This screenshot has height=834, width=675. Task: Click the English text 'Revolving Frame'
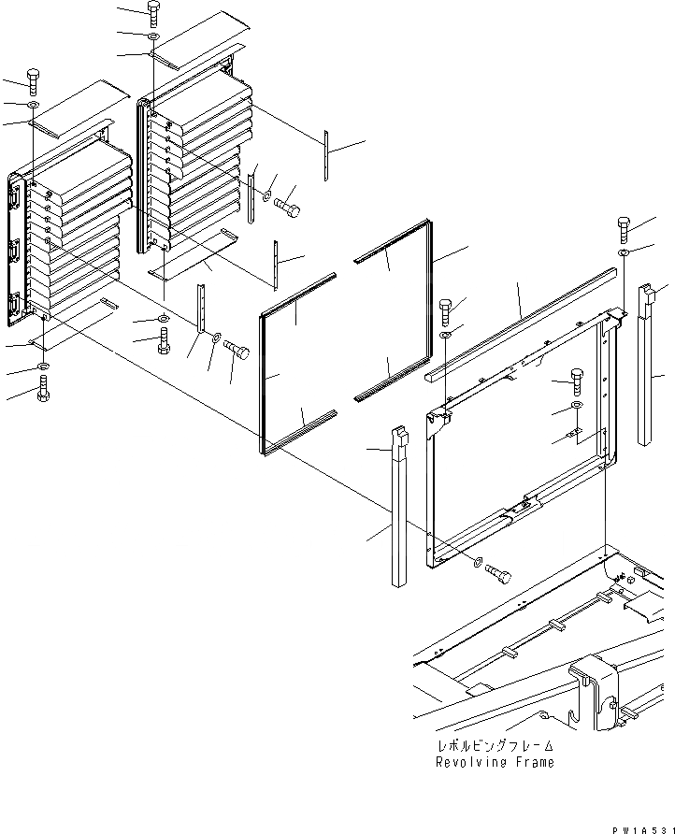click(495, 762)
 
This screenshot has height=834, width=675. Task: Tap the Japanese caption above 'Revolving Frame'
click(495, 746)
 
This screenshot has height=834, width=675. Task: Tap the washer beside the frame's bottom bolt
click(479, 563)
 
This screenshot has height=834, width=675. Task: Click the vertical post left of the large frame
click(399, 510)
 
